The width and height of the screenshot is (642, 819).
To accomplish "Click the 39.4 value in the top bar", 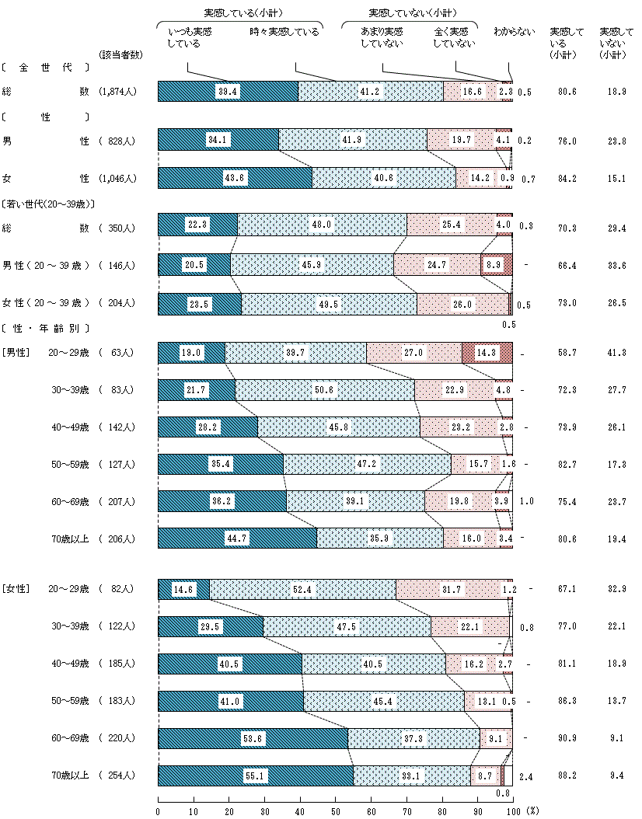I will point(228,92).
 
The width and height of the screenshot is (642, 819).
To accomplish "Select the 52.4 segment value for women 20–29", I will point(302,591).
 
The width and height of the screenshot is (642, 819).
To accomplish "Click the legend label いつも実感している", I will point(190,38).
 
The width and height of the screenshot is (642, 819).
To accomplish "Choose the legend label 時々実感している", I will point(284,33).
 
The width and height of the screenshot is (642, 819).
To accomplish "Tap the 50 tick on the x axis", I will point(335,810).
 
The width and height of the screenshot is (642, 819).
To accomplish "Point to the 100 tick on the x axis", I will point(512,810).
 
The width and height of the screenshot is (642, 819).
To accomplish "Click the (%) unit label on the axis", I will point(532,810).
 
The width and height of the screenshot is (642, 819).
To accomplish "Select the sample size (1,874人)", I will point(118,92).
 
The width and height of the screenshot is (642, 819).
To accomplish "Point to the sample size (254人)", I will point(118,775).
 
